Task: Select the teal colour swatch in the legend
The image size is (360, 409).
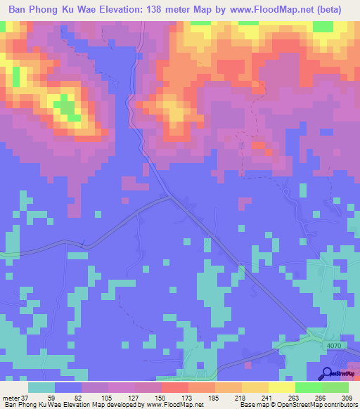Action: (x=42, y=387)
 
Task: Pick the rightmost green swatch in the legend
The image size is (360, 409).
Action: (x=335, y=387)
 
